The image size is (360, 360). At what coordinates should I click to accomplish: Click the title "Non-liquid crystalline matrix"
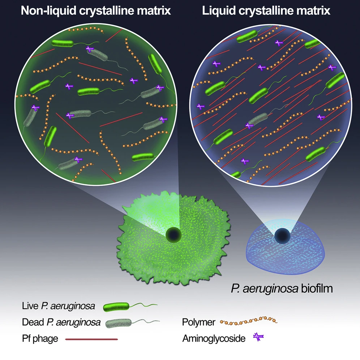(x=95, y=10)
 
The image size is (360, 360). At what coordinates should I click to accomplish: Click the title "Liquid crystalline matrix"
(x=266, y=10)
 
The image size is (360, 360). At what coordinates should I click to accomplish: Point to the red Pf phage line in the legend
(x=91, y=339)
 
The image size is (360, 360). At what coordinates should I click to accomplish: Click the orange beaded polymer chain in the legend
(x=249, y=321)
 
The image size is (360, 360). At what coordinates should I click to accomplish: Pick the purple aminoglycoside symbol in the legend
(x=258, y=338)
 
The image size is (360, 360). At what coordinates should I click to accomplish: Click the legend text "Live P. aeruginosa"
(x=58, y=307)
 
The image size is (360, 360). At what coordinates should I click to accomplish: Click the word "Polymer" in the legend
(x=199, y=322)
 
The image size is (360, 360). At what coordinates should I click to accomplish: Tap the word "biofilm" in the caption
(x=317, y=289)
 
